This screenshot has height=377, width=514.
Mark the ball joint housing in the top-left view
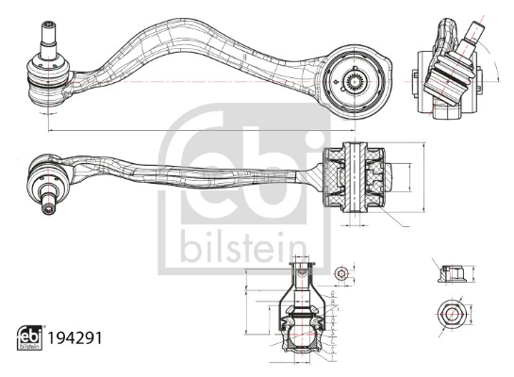(47, 77)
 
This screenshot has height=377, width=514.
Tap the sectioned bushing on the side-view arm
(356, 175)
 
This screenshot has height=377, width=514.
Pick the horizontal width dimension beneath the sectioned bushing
(356, 224)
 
